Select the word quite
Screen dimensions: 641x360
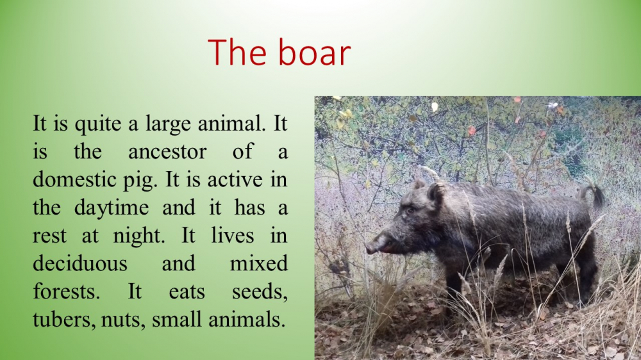click(98, 124)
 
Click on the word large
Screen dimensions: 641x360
click(169, 124)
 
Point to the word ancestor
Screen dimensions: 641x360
click(167, 152)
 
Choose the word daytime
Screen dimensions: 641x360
click(112, 208)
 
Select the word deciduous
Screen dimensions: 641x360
click(80, 263)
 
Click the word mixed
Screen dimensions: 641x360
click(259, 263)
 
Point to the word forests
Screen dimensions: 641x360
click(66, 291)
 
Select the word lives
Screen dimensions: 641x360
click(233, 235)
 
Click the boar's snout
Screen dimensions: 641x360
click(373, 247)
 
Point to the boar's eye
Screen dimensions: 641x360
click(410, 211)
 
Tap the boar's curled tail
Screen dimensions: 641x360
click(592, 195)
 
